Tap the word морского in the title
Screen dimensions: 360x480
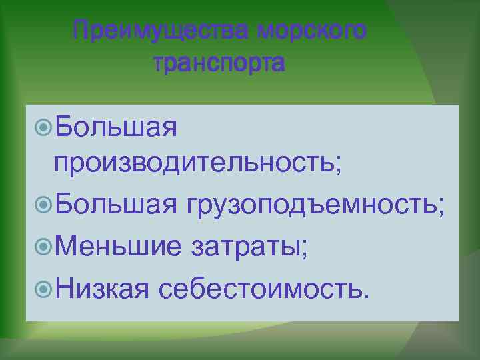(311, 30)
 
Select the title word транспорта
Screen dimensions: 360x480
(219, 64)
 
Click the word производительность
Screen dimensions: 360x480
(193, 164)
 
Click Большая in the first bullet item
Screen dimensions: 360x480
(116, 127)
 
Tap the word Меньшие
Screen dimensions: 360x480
(119, 249)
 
